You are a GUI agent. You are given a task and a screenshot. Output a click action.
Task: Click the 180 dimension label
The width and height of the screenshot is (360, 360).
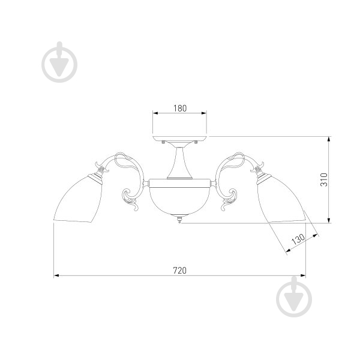[180, 109]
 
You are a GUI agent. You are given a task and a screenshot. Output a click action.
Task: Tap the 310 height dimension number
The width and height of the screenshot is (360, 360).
[324, 180]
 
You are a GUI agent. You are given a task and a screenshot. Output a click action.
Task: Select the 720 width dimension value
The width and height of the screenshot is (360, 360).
[179, 271]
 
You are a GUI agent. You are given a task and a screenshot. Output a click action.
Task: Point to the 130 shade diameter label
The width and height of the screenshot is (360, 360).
[298, 239]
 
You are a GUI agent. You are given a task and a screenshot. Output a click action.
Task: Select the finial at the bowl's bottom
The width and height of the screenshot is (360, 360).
[179, 219]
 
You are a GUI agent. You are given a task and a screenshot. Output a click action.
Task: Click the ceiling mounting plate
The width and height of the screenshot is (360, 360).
[179, 139]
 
